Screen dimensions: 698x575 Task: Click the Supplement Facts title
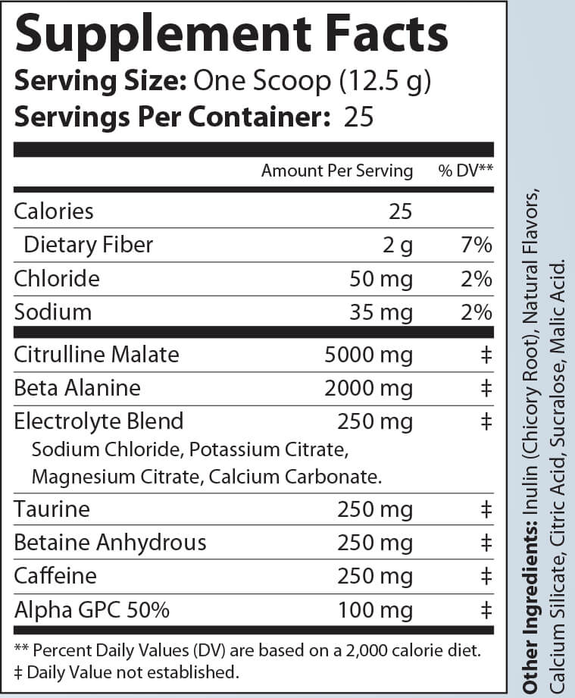coord(231,34)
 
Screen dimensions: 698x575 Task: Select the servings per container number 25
coord(358,117)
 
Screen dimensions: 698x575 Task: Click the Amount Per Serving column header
coord(336,171)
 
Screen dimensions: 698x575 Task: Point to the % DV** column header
coord(465,171)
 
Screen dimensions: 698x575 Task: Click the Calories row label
coord(53,211)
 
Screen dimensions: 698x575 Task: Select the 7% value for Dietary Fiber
coord(477,245)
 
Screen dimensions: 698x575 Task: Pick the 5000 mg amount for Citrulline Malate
coord(368,354)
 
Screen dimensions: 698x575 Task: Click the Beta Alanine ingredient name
coord(77,388)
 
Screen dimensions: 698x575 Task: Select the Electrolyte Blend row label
coord(98,421)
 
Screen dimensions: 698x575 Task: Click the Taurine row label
coord(52,509)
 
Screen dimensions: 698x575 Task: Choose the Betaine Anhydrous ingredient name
coord(110,543)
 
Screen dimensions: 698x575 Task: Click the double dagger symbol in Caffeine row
coord(486,577)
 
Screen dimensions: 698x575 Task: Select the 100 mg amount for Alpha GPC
coord(376,610)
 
